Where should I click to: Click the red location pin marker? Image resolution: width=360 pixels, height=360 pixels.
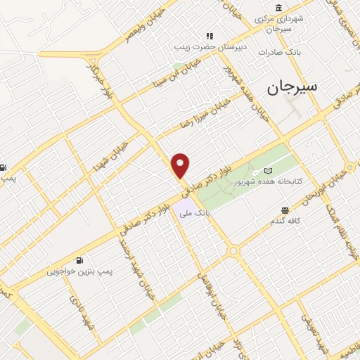pyautogui.click(x=181, y=165)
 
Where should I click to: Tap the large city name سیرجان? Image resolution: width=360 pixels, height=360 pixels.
pyautogui.click(x=291, y=87)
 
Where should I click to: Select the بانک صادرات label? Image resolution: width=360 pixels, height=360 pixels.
pyautogui.click(x=279, y=53)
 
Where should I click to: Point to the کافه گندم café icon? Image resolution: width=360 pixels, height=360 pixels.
pyautogui.click(x=285, y=210)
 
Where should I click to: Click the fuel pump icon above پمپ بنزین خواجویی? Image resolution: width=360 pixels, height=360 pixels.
pyautogui.click(x=86, y=260)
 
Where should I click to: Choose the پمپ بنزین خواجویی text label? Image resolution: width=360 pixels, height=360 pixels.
pyautogui.click(x=81, y=271)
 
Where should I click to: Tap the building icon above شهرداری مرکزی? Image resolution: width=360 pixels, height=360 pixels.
pyautogui.click(x=280, y=8)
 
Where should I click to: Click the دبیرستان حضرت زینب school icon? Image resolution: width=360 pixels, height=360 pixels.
pyautogui.click(x=208, y=36)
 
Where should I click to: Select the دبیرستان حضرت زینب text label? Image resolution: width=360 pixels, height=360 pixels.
pyautogui.click(x=209, y=47)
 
